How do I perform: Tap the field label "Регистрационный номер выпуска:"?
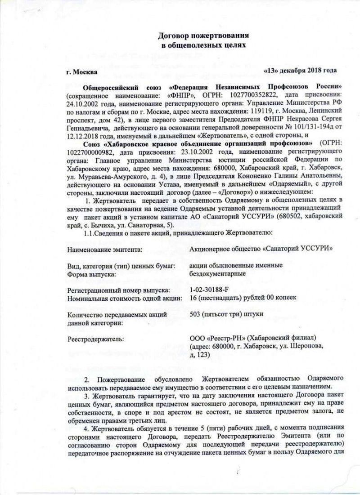click(119, 290)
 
